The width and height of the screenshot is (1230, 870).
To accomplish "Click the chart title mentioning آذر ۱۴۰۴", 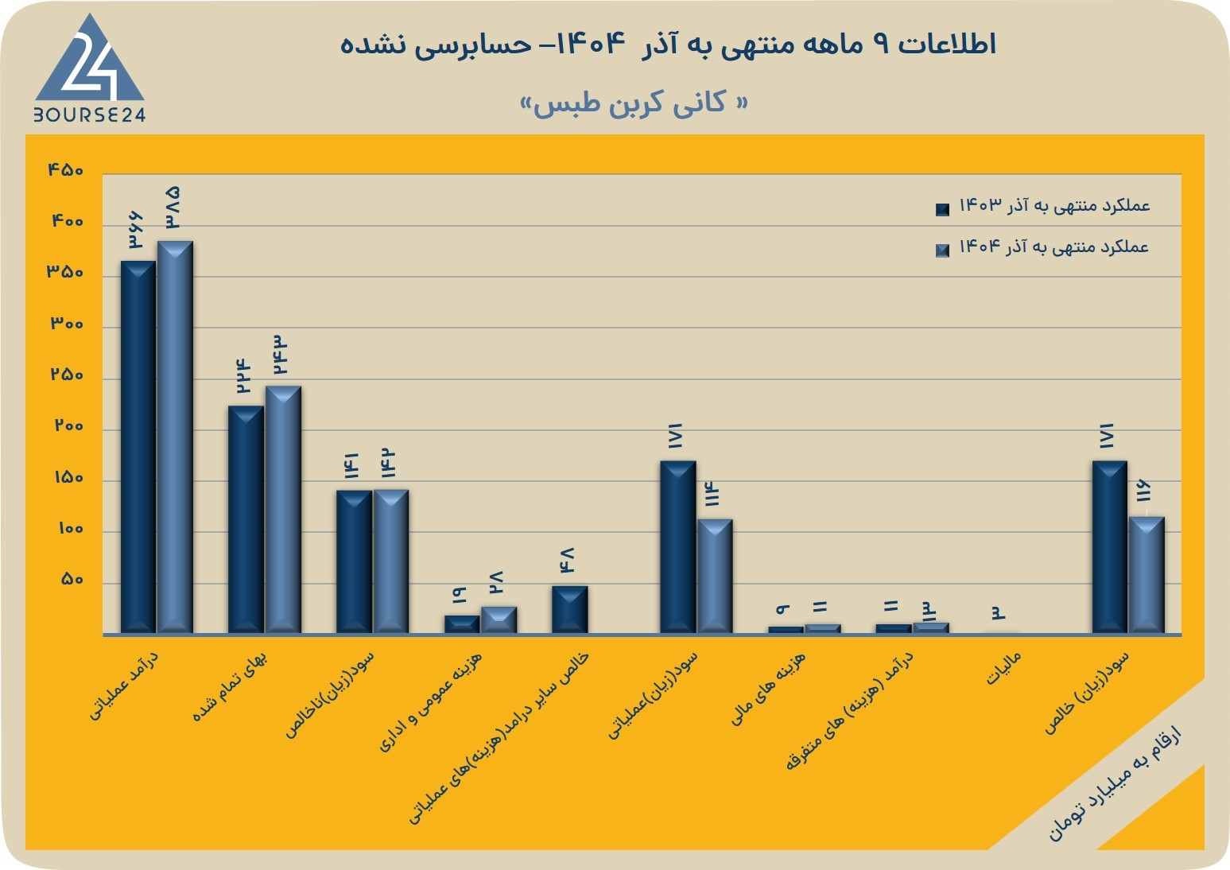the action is [668, 45].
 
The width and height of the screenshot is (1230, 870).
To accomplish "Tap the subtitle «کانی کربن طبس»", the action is [634, 103].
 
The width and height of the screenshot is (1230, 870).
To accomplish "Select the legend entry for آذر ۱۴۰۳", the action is [1042, 207].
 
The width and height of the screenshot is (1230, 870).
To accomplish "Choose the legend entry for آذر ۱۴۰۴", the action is [1042, 247].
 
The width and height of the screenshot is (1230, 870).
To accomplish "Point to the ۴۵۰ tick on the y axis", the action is [66, 169].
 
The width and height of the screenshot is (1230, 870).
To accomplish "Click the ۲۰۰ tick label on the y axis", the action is [68, 426].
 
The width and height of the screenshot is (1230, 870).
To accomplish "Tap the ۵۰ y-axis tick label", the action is [72, 580].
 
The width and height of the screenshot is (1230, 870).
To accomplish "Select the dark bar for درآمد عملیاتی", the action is [138, 447].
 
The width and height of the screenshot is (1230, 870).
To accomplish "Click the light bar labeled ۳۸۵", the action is [175, 437].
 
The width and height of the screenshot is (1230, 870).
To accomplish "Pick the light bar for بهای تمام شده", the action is [283, 510].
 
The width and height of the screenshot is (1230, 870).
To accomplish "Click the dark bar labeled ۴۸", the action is [570, 610].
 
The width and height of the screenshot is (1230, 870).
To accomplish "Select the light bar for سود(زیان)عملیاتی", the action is [715, 576].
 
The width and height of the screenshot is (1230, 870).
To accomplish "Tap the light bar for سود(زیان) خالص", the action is [1147, 575].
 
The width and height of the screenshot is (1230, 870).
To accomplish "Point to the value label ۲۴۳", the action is [279, 355].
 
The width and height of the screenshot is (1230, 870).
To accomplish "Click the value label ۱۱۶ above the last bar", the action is [1143, 491].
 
